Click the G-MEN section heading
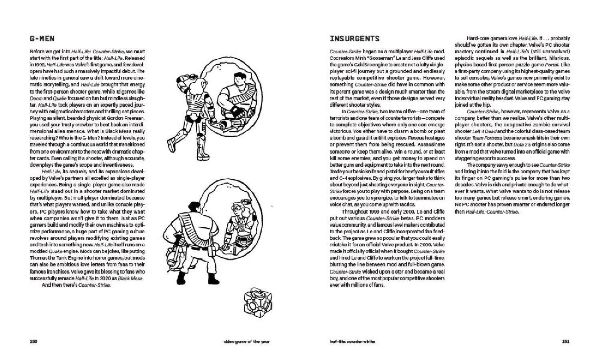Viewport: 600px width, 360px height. (42, 39)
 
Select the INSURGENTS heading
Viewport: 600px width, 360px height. (354, 39)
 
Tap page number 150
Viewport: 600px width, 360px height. (34, 342)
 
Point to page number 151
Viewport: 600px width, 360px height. (566, 342)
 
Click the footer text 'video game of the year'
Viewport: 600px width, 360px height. (247, 342)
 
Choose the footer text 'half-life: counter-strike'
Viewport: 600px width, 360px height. (352, 342)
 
